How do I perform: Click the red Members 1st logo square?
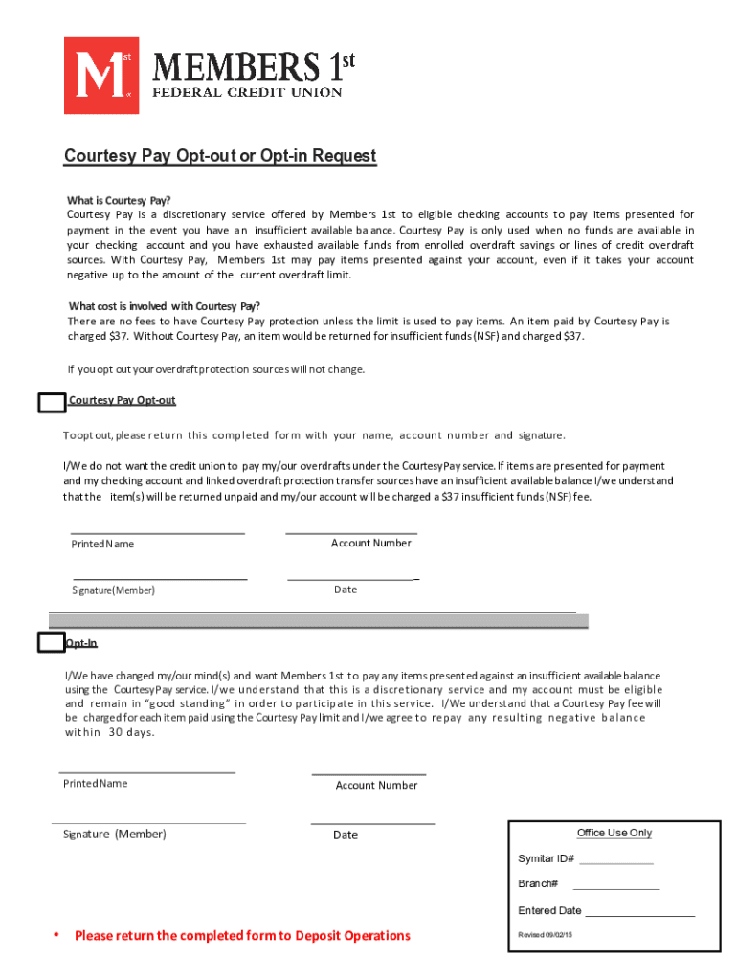point(100,75)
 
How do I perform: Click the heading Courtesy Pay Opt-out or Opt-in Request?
point(220,156)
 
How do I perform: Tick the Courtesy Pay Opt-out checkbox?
point(51,403)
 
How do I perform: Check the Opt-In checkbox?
point(51,642)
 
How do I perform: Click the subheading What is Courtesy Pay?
point(119,201)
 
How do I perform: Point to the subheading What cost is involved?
point(164,306)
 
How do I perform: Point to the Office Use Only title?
point(614,833)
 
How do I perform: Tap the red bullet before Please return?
point(56,934)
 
